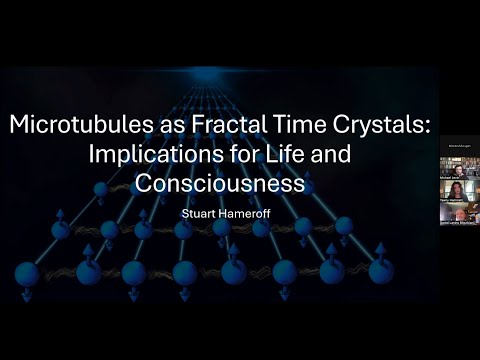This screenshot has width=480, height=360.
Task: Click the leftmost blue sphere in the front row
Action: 27,272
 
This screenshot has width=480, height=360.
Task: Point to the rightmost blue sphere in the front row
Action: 381,271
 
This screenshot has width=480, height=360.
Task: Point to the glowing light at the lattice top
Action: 207,72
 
